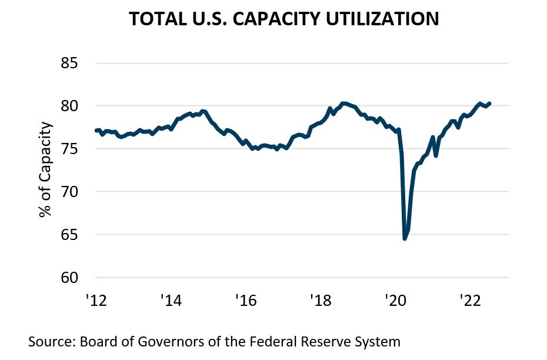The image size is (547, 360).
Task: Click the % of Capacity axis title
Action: point(45,171)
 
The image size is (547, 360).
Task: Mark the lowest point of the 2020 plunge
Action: point(405,238)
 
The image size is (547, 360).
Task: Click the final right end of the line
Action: point(490,104)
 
